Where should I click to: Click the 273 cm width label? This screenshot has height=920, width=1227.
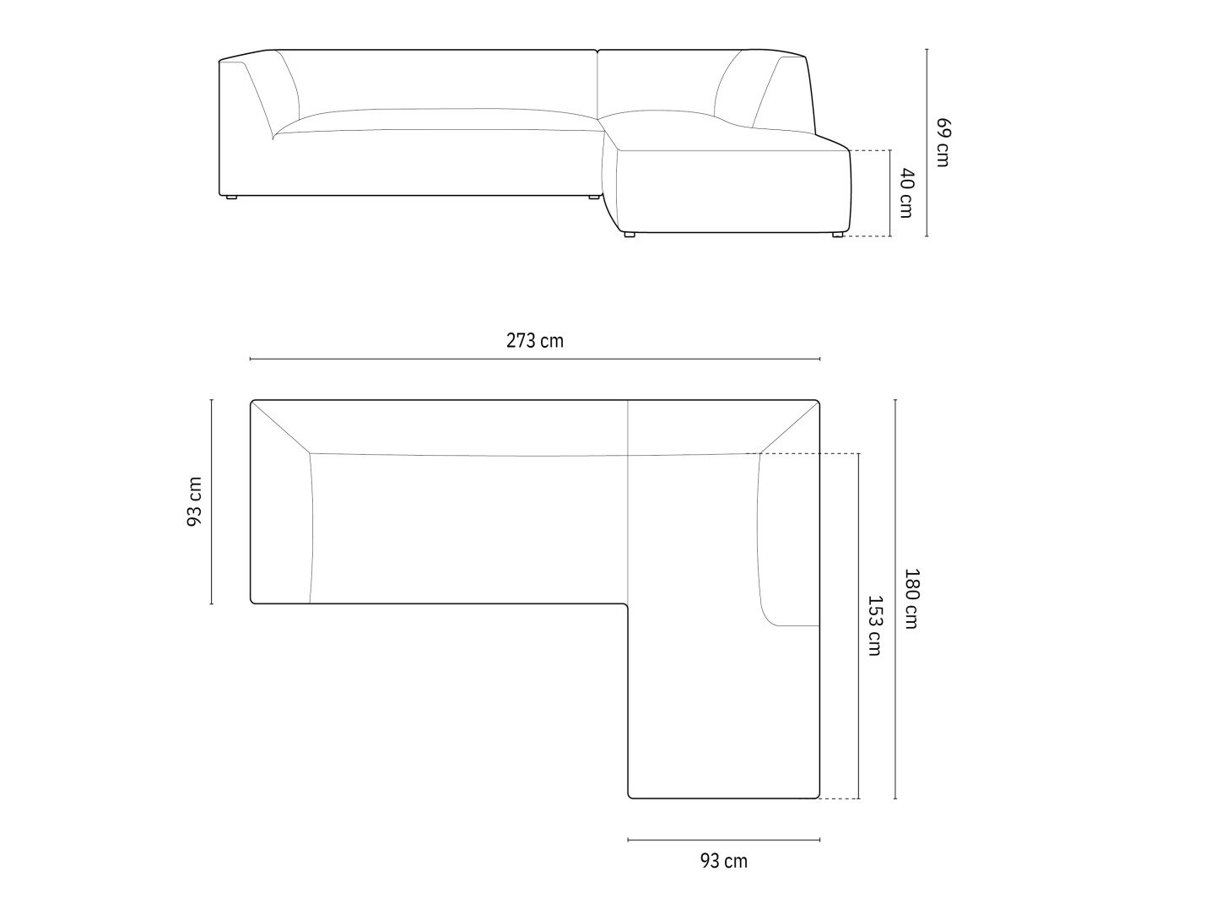pos(534,340)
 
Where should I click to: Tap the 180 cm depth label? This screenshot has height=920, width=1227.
pos(911,598)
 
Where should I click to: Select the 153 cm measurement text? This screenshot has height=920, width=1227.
pos(874,625)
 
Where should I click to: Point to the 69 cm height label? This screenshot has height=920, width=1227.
pos(943,142)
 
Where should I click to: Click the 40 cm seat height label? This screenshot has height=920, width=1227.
pos(906,193)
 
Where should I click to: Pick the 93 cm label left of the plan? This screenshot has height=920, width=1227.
pos(193,501)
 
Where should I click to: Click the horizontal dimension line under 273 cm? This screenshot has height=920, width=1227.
pos(535,359)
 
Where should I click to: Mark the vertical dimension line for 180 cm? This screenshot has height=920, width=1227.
pos(895,599)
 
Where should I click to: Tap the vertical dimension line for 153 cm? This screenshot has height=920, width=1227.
pos(858,626)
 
